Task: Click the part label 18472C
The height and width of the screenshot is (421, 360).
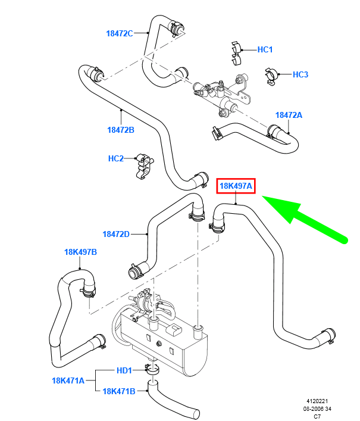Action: coord(120,33)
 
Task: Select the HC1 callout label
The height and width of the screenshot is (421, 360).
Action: coord(265,49)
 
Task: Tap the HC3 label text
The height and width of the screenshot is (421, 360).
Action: coord(300,74)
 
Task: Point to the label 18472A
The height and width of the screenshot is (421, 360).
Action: coord(289,115)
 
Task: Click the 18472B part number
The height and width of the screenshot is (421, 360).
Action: coord(121,130)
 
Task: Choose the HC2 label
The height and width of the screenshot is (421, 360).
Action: coord(116,158)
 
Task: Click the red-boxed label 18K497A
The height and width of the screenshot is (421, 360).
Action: coord(236,186)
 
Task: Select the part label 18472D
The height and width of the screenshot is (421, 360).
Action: coord(116,234)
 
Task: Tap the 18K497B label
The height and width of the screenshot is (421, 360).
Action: coord(80,252)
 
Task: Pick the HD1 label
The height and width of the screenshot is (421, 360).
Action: coord(124,371)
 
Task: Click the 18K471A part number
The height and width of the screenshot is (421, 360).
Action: coord(68,381)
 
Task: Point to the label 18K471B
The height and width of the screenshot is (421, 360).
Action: coord(119,391)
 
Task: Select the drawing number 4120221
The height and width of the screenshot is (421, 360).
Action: coord(317,401)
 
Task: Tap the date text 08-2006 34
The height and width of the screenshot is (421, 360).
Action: coord(317,409)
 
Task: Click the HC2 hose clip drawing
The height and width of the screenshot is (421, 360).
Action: coord(145,167)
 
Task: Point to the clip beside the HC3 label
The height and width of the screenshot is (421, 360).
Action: coord(272,76)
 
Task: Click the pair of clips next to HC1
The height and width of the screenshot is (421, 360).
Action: coord(236,53)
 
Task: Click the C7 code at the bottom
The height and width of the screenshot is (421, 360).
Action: coord(317,417)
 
